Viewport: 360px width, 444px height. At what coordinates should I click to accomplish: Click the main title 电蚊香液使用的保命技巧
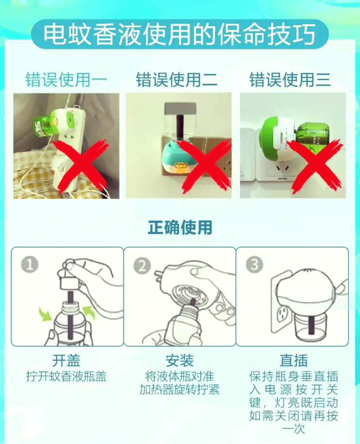[x=180, y=34]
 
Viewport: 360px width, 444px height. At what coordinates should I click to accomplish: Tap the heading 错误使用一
[x=66, y=79]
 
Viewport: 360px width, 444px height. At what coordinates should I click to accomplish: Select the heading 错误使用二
[x=177, y=79]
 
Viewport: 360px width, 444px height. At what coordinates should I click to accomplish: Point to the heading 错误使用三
[x=290, y=79]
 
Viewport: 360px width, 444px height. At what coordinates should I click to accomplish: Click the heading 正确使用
[x=180, y=227]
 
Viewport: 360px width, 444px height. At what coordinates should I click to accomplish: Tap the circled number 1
[x=30, y=265]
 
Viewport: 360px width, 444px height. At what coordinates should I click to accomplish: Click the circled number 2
[x=142, y=265]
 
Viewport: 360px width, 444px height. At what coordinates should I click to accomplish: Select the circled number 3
[x=255, y=264]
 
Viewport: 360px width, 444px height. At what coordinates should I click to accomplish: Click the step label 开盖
[x=66, y=361]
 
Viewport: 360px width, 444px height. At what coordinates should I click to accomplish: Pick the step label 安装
[x=180, y=361]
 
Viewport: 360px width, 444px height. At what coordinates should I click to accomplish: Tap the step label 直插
[x=294, y=361]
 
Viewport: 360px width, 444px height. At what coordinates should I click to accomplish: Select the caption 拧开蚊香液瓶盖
[x=66, y=376]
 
